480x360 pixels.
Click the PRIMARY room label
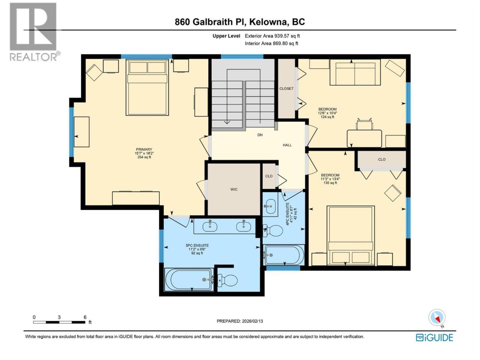(144, 150)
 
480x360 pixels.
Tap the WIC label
(234, 189)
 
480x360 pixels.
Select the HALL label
(287, 145)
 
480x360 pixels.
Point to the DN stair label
(260, 135)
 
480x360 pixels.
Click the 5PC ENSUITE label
(197, 246)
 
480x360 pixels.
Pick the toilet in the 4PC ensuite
(273, 231)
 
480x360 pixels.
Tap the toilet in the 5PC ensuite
(228, 280)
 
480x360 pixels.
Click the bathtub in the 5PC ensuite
(189, 280)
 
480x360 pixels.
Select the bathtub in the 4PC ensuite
(284, 255)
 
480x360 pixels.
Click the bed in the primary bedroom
(147, 87)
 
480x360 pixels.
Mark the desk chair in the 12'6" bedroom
(364, 124)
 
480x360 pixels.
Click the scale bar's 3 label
(59, 317)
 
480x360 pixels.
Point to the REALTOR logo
(34, 32)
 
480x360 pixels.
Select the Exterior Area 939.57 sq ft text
(272, 36)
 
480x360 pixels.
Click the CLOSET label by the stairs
(286, 88)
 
